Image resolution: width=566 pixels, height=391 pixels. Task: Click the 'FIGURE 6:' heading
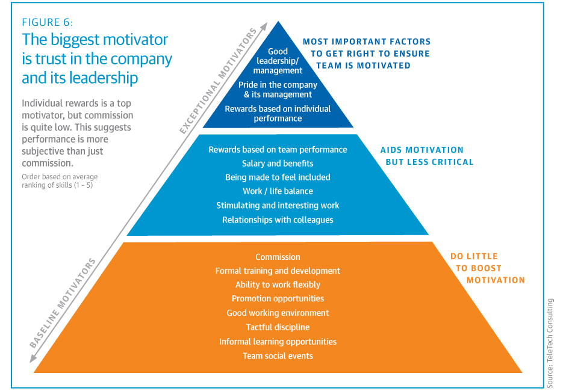click(48, 22)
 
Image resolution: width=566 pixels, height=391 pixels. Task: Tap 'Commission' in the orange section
click(278, 257)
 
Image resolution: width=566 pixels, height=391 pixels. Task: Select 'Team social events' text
click(278, 356)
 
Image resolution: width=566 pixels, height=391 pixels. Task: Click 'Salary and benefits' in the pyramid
click(278, 163)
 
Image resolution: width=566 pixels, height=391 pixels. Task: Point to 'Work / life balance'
click(278, 191)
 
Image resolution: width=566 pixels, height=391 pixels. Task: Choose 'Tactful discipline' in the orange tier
click(278, 327)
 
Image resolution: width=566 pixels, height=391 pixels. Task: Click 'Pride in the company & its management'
click(278, 89)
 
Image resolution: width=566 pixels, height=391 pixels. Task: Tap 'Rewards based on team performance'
click(278, 149)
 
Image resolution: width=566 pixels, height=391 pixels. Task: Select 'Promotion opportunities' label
click(278, 298)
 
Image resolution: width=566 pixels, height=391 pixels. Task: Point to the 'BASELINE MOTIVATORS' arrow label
click(63, 303)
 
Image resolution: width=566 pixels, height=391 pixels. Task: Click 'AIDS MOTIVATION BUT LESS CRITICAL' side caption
click(427, 156)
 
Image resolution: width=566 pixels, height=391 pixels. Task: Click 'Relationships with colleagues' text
click(278, 220)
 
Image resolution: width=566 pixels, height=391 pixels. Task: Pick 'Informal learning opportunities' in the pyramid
click(278, 342)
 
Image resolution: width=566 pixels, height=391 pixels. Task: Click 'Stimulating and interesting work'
click(278, 205)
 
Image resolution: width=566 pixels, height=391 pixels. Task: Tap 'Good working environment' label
click(278, 313)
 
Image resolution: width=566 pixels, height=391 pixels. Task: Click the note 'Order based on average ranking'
click(60, 180)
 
